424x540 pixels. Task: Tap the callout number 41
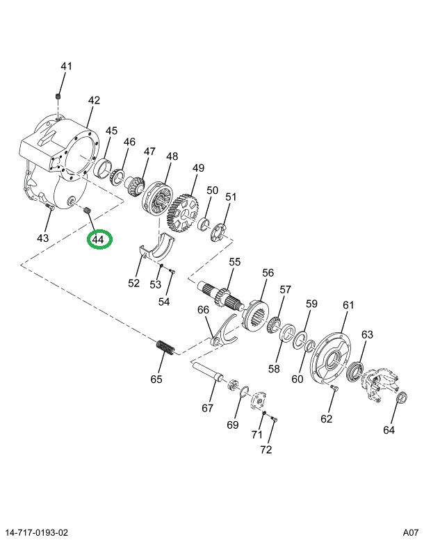pyautogui.click(x=66, y=67)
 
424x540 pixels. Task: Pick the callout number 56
pyautogui.click(x=268, y=273)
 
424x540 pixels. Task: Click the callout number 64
pyautogui.click(x=389, y=429)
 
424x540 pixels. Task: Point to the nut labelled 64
pyautogui.click(x=400, y=398)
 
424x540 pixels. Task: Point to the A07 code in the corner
pyautogui.click(x=409, y=532)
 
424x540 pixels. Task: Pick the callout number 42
pyautogui.click(x=94, y=101)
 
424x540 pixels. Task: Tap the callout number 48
pyautogui.click(x=172, y=156)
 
